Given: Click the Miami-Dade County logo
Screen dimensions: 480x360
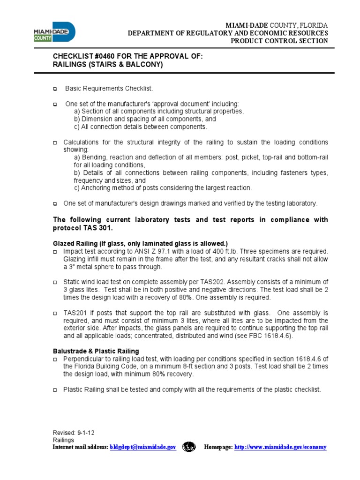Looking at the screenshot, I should coord(54,32).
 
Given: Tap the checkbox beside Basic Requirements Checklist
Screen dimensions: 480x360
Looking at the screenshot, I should coord(54,89).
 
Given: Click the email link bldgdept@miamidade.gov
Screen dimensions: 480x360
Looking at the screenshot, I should coord(142,447).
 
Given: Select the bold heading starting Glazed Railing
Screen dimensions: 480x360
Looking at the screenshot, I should coord(140,243).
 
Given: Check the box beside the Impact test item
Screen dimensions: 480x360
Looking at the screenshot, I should coord(54,252).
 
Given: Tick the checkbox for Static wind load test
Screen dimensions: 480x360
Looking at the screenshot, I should coord(54,283).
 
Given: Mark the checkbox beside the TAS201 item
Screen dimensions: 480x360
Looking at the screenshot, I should coord(54,313).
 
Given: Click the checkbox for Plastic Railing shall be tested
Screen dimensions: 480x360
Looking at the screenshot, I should coord(54,390).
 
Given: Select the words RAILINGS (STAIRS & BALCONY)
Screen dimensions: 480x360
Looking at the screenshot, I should coord(108,65).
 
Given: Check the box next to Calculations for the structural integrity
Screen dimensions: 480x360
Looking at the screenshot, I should coord(54,142).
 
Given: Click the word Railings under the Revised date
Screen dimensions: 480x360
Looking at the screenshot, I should coord(63,440).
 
